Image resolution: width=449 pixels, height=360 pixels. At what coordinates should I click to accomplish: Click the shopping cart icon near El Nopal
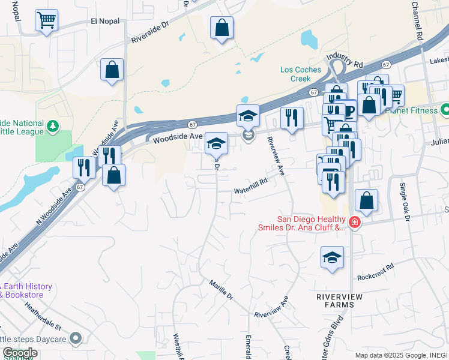pyautogui.click(x=46, y=21)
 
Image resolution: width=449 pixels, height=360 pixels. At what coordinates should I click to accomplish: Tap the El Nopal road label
pyautogui.click(x=105, y=21)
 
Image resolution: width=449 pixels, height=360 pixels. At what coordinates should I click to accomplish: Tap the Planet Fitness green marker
pyautogui.click(x=445, y=110)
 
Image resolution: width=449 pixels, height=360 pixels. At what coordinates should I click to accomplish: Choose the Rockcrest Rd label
pyautogui.click(x=375, y=271)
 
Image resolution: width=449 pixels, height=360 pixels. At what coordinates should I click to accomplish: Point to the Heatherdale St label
pyautogui.click(x=43, y=317)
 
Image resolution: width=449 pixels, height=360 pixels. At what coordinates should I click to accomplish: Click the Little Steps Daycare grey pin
pyautogui.click(x=76, y=339)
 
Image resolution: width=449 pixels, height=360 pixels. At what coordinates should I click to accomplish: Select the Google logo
pyautogui.click(x=20, y=353)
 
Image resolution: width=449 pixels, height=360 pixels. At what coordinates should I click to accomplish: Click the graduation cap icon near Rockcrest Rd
pyautogui.click(x=332, y=257)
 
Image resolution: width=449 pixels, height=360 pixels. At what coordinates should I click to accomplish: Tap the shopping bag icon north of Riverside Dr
pyautogui.click(x=221, y=27)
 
